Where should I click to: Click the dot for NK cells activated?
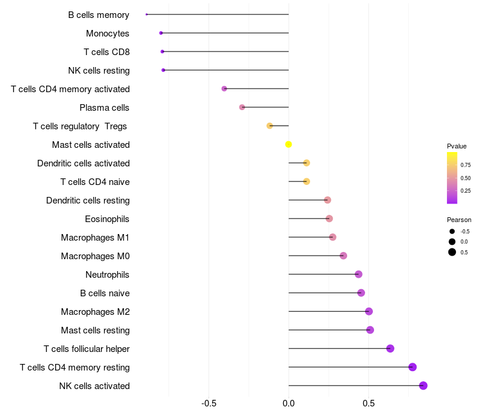pos(423,385)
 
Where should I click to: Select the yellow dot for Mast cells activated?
pos(289,144)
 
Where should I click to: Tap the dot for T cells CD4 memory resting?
pos(412,367)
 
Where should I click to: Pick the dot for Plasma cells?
pos(242,107)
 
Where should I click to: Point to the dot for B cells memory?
pos(146,14)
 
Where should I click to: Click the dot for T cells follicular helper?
pos(390,348)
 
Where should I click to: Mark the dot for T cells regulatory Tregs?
pos(269,126)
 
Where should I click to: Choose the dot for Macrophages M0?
pos(343,256)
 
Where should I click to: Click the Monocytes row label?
pos(108,34)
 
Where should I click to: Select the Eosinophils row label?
pos(107,219)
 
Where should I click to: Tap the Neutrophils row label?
pos(108,275)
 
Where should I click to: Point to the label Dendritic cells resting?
pos(88,201)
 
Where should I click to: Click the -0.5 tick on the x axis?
pos(209,403)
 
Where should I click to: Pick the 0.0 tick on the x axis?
pos(289,403)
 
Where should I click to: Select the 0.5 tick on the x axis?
pos(369,403)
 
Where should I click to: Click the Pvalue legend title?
pos(456,146)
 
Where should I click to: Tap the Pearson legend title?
pos(459,220)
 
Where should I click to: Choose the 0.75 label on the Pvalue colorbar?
pos(465,165)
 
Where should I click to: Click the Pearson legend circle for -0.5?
pos(452,231)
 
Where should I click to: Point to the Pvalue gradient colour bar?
pos(452,178)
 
